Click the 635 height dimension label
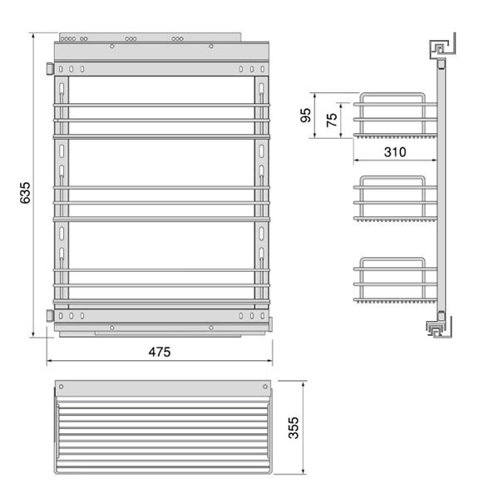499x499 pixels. click(24, 193)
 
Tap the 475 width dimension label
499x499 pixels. click(160, 352)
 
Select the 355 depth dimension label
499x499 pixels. click(294, 427)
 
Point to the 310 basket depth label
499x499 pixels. click(395, 152)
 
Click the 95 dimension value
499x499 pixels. click(305, 116)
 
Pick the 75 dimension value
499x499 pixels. click(332, 120)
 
